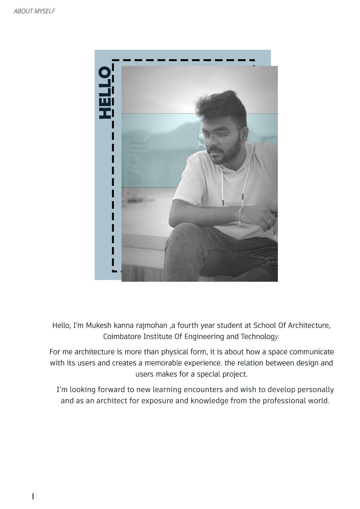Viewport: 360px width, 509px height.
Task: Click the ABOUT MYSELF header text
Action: [x=34, y=11]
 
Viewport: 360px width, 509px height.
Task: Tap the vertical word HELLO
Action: [x=105, y=93]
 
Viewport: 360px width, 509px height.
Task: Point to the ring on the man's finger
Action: [x=269, y=222]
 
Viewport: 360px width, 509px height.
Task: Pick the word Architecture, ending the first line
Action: [x=309, y=325]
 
